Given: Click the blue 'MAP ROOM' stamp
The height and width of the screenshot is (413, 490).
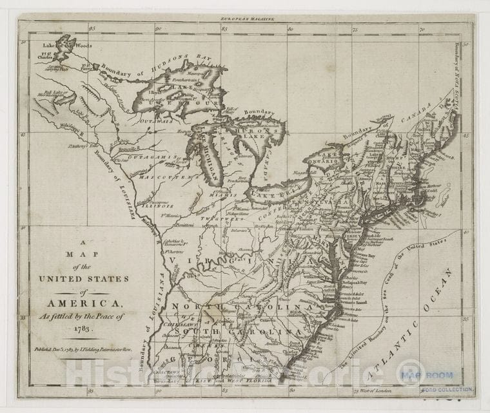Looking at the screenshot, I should coord(427,374).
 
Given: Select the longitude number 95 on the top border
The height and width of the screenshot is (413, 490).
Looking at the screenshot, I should coord(92,28).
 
